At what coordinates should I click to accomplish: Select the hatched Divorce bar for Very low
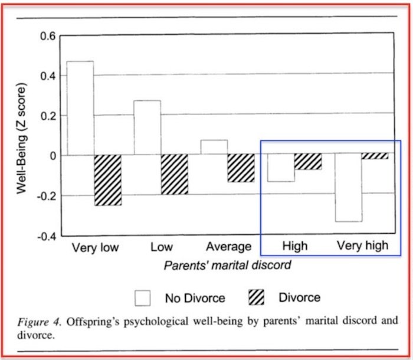(x=107, y=180)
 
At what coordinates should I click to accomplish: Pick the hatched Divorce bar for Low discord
(x=174, y=175)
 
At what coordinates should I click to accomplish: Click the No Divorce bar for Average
(x=214, y=148)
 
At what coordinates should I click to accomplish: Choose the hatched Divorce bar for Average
(x=241, y=168)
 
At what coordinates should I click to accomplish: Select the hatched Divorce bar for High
(x=308, y=162)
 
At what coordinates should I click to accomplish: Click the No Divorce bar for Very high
(x=348, y=188)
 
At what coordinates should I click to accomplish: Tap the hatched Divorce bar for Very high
(x=375, y=156)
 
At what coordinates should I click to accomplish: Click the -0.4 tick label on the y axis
(x=46, y=236)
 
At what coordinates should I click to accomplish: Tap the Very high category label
(x=362, y=246)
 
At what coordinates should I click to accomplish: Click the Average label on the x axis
(x=228, y=247)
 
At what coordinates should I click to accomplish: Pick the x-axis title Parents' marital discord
(x=227, y=265)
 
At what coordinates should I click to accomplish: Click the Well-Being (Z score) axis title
(x=22, y=136)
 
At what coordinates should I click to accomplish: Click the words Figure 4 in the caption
(x=38, y=322)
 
